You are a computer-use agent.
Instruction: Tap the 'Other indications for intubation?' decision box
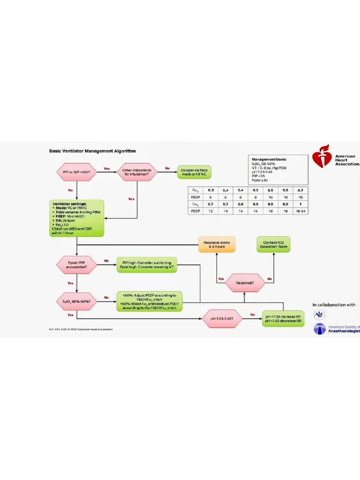pos(136,172)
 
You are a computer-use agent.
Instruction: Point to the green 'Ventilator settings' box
pos(76,217)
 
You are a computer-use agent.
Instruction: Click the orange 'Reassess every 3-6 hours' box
pos(217,244)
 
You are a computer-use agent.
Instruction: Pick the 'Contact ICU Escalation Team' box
pos(274,244)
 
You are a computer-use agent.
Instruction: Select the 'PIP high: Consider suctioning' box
pos(147,266)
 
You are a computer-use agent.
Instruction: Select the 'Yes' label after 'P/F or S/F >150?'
pos(106,169)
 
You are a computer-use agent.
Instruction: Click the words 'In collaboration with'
pos(334,305)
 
